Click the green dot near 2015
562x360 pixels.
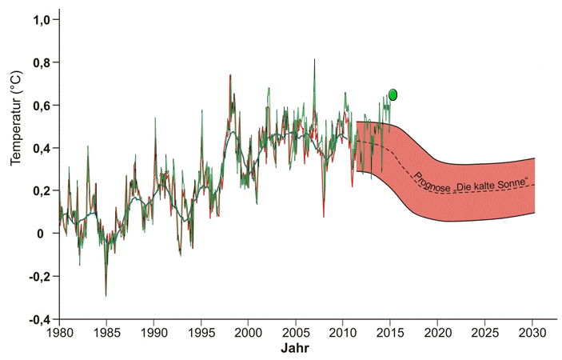[393, 94]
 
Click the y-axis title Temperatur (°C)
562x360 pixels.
[15, 123]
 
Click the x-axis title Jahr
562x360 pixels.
[297, 350]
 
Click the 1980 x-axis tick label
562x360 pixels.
[59, 333]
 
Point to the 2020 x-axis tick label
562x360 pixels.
[438, 333]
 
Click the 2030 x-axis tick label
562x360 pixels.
[532, 333]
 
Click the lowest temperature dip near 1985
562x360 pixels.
[106, 295]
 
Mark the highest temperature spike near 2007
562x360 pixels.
[314, 60]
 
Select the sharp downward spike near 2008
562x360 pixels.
[324, 216]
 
